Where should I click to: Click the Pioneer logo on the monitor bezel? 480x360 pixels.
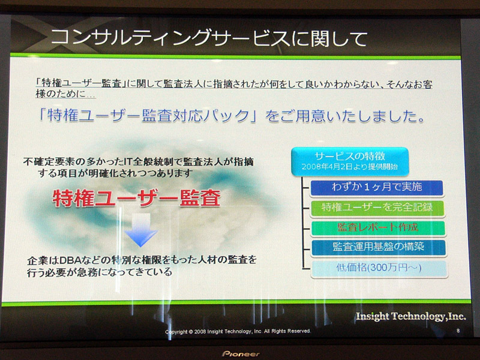[241, 354]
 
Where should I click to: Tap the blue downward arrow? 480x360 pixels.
[141, 230]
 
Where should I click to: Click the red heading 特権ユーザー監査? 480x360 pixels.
[137, 199]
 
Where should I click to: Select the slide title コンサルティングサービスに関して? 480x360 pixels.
[209, 38]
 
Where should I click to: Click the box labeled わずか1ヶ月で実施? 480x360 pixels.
[377, 187]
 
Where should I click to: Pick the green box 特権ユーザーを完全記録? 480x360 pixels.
[377, 208]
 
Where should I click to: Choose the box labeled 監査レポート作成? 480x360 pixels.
[378, 228]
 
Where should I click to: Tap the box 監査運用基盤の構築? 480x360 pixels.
[379, 247]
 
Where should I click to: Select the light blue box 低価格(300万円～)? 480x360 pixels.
[379, 268]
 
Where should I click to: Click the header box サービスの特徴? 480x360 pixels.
[350, 161]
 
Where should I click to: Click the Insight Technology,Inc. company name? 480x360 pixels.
[411, 316]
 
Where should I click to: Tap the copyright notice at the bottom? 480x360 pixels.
[238, 331]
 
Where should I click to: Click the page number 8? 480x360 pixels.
[458, 331]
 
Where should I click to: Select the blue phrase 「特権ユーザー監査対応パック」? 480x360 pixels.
[148, 116]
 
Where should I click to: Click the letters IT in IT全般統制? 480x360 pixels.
[129, 161]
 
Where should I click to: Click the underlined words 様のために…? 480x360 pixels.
[65, 94]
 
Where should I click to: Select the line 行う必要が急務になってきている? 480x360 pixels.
[100, 272]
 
